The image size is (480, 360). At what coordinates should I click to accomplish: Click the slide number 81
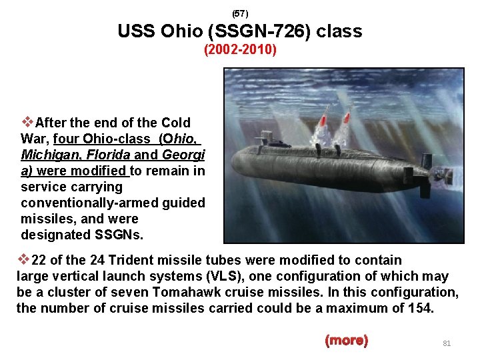tap(447, 343)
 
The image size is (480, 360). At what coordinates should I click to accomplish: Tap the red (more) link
tap(346, 341)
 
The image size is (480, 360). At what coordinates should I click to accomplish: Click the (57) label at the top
tap(239, 13)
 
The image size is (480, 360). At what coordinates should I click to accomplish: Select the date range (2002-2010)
tap(240, 50)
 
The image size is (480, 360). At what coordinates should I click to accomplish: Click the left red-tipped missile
tap(322, 121)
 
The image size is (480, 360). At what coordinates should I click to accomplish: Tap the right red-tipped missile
tap(346, 120)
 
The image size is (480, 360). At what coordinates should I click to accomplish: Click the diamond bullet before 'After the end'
tap(27, 122)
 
